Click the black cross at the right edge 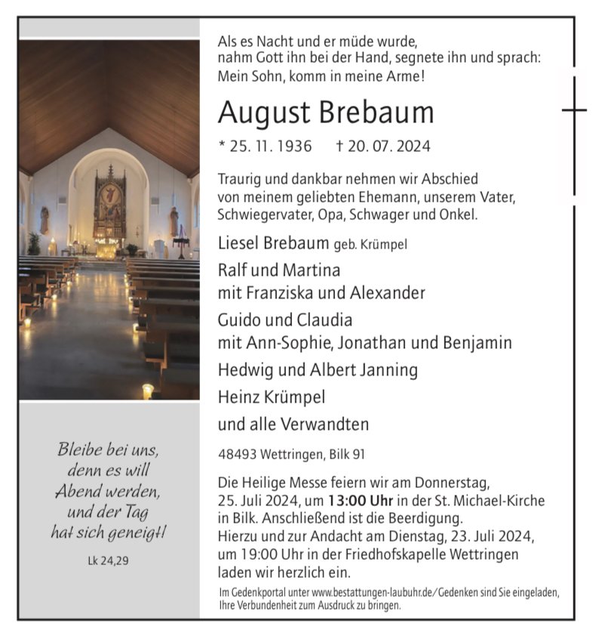click(575, 110)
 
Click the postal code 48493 click(236, 454)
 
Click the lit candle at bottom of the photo click(148, 390)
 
